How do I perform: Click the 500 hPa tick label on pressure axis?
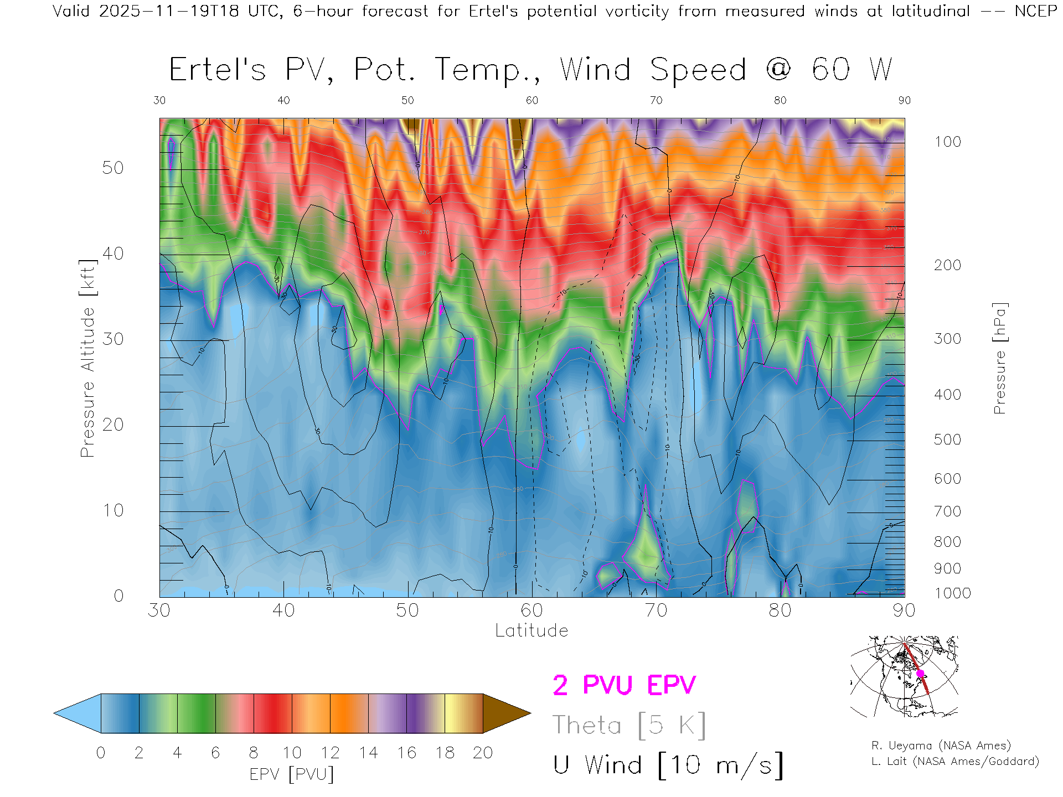pos(947,439)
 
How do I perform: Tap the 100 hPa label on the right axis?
pos(947,142)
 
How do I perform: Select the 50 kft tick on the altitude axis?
pos(112,168)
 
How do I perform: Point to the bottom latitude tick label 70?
pos(656,610)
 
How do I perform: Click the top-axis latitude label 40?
pos(283,100)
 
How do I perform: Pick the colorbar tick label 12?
pos(330,753)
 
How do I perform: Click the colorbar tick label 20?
pos(483,753)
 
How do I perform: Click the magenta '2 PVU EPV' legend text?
pos(624,685)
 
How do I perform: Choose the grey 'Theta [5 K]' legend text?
pos(629,725)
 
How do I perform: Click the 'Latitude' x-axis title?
pos(531,630)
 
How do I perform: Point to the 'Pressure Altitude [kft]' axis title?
pos(87,358)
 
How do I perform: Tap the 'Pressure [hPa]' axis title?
pos(999,358)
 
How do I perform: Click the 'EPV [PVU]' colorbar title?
pos(292,774)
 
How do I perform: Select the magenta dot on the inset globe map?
pos(920,674)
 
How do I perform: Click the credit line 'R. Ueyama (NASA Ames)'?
pos(941,746)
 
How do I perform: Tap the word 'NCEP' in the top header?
pos(1035,11)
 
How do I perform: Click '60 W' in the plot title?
pos(852,70)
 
